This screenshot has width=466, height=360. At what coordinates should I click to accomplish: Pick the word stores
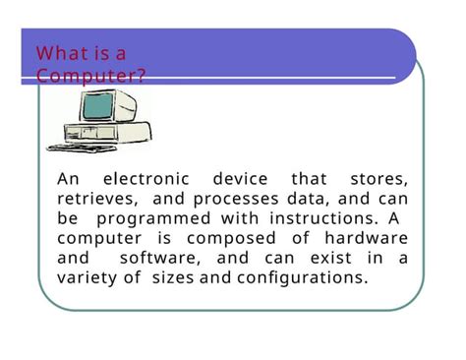pyautogui.click(x=379, y=179)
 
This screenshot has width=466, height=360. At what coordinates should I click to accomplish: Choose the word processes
pyautogui.click(x=234, y=199)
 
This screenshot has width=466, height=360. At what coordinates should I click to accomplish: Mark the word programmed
pyautogui.click(x=153, y=218)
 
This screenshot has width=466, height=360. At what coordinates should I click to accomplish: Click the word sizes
pyautogui.click(x=181, y=277)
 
